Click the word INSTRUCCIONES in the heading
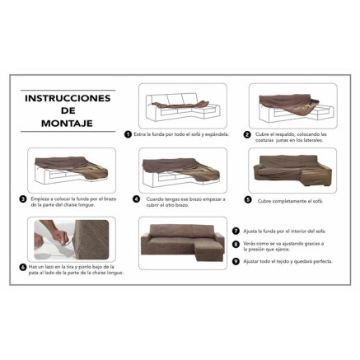(68, 98)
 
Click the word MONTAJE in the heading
(68, 124)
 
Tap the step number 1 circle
(128, 133)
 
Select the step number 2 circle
(247, 133)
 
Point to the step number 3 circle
(22, 199)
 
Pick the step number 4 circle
(138, 199)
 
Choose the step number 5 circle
(248, 199)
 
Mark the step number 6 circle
(22, 267)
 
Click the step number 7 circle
(236, 231)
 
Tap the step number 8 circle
(236, 245)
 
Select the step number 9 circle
(236, 260)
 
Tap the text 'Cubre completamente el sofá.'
(288, 199)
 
